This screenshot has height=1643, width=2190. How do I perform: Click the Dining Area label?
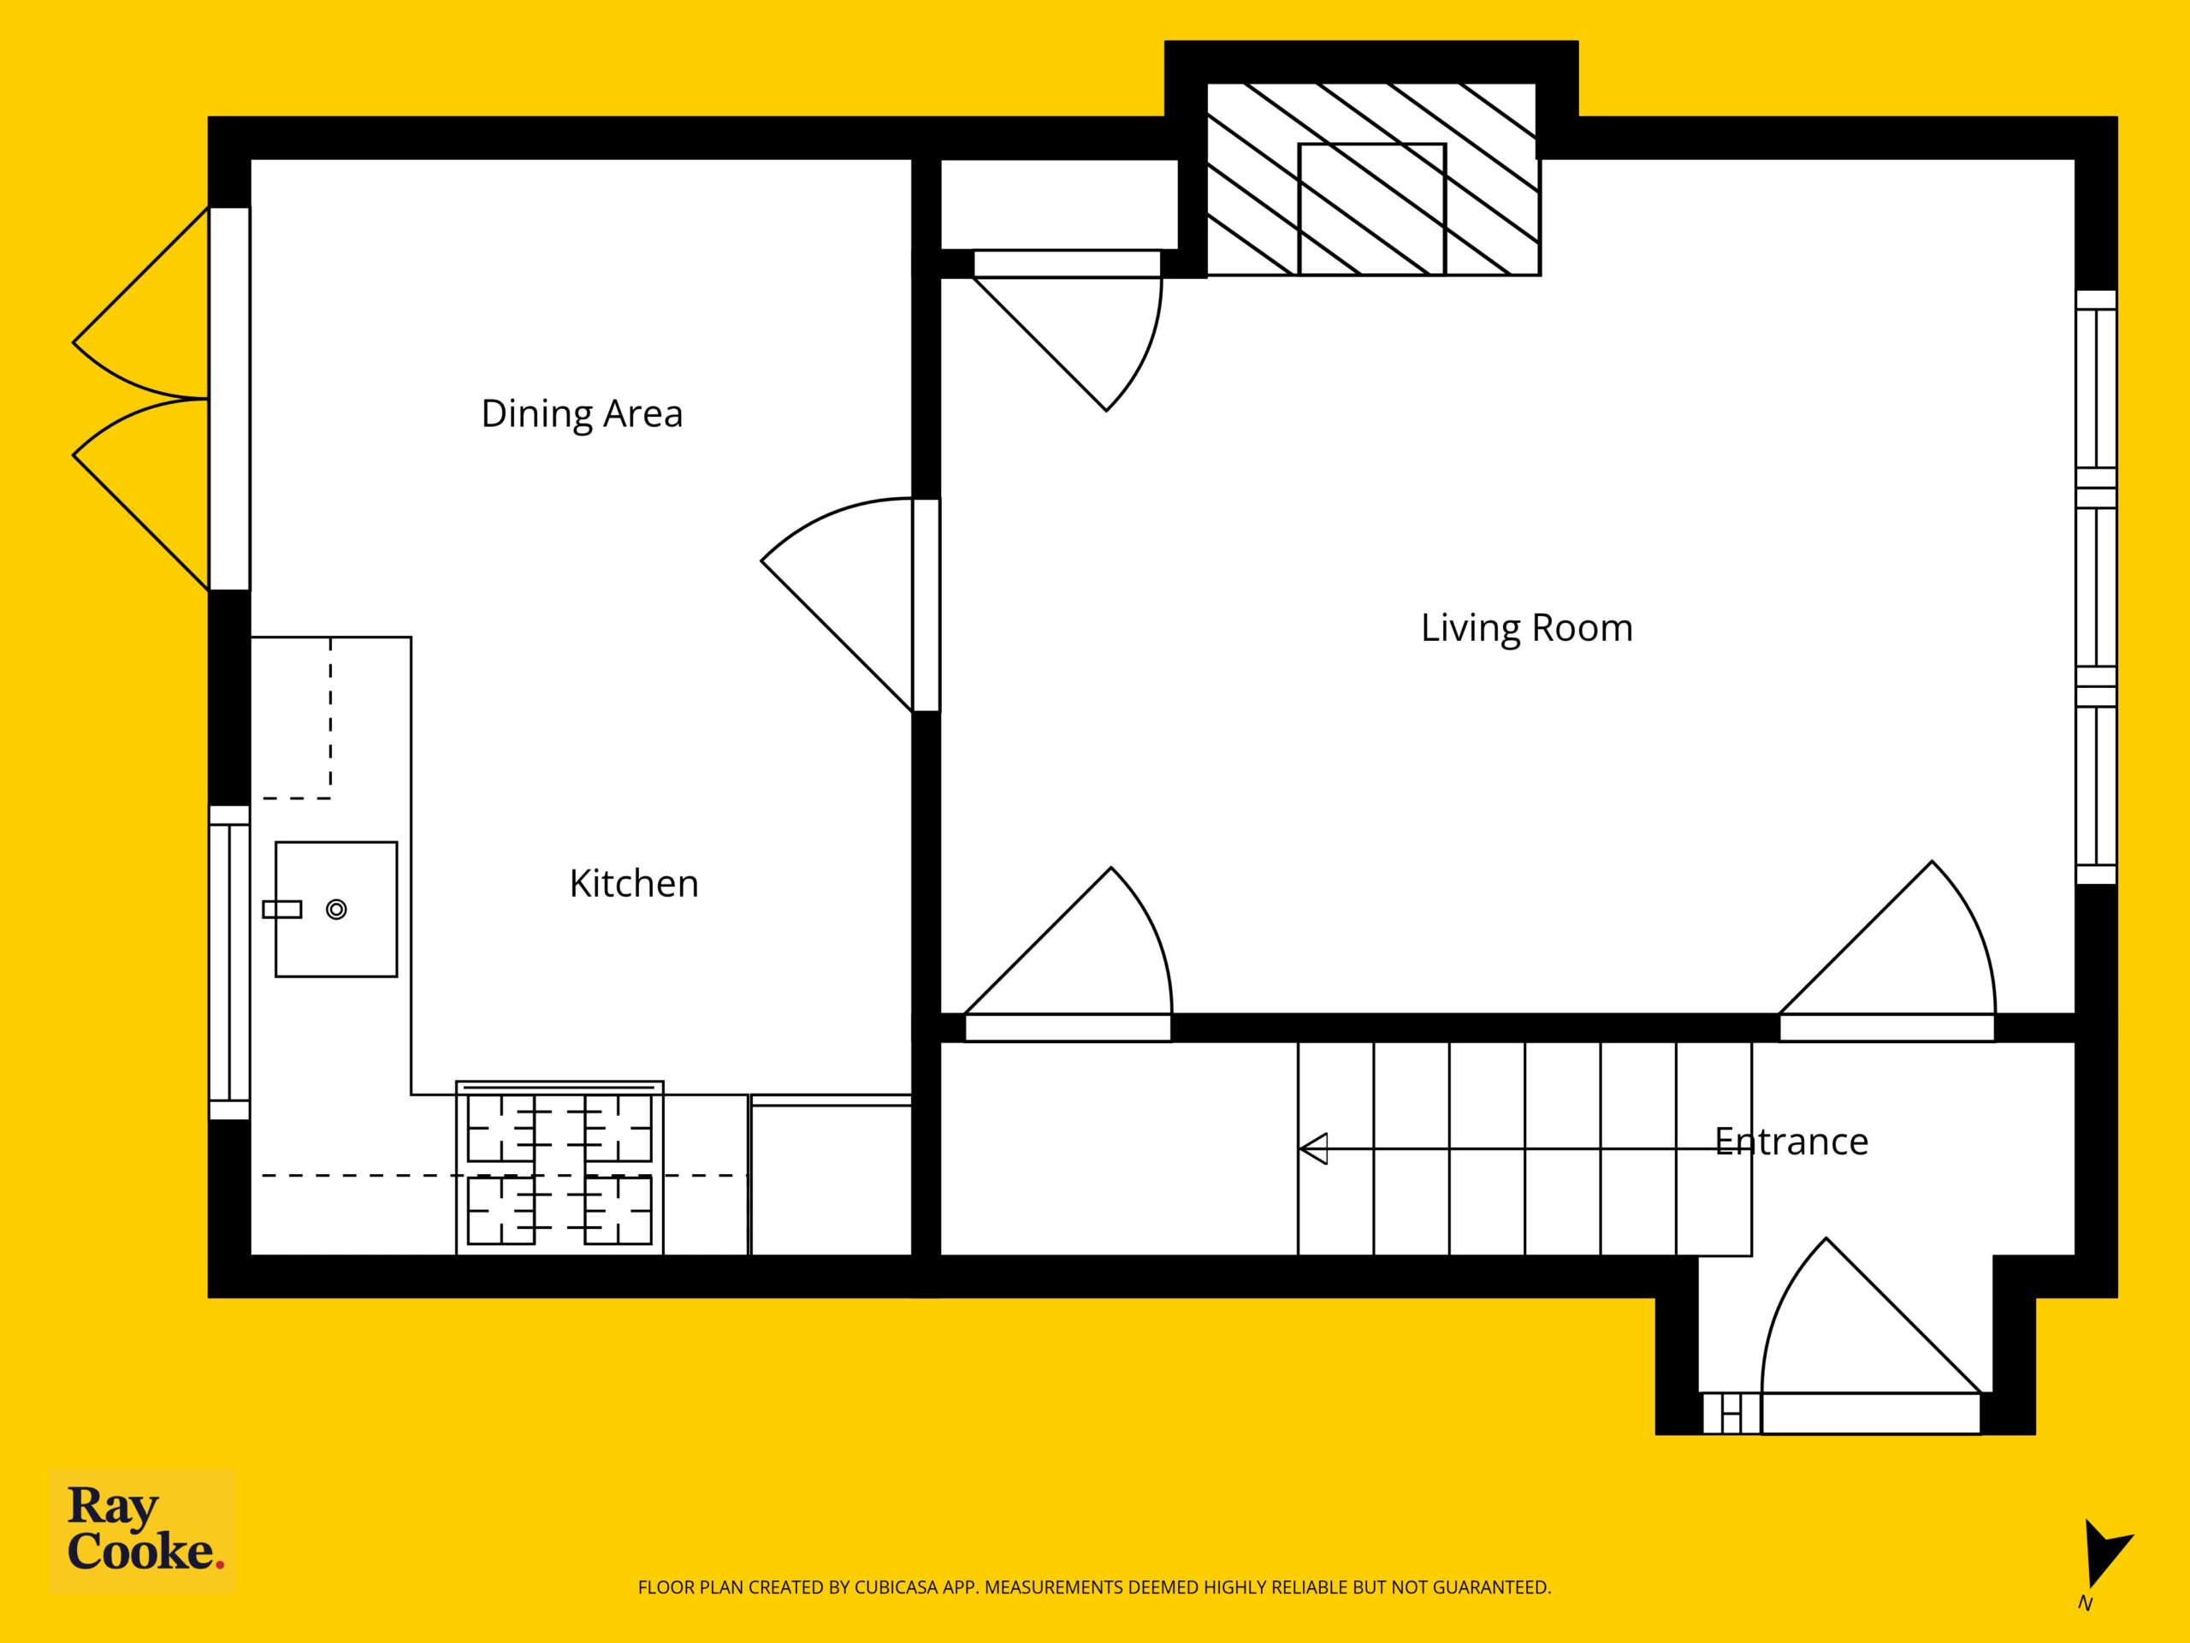coord(583,414)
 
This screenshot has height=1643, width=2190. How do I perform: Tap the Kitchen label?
coord(634,883)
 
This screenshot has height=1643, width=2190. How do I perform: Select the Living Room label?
coord(1527,628)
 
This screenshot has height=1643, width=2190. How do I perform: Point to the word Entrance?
coord(1791,1142)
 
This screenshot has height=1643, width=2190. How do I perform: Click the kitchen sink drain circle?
coord(336,909)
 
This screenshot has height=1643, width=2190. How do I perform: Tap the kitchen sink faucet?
coord(282,909)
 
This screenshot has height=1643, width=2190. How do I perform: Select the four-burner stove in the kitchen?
coord(559,1169)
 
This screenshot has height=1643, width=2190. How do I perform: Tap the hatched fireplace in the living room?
coord(1372,179)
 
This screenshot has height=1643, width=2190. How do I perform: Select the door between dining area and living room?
coord(849,604)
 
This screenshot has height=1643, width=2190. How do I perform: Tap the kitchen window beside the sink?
coord(228,963)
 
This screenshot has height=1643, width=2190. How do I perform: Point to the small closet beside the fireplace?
coord(1058,204)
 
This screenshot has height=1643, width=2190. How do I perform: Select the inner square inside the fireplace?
coord(1372,209)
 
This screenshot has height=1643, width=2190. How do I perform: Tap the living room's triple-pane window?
coord(2096,586)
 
